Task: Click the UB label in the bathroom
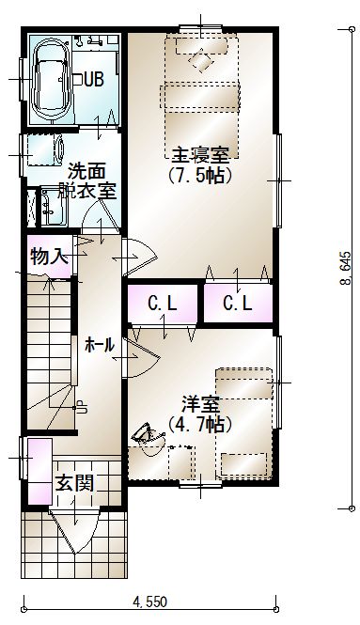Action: pos(94,79)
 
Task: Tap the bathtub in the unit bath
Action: pos(52,79)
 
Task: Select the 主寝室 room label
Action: pos(200,155)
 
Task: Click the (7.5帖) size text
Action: pos(200,176)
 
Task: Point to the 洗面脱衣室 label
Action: pos(87,181)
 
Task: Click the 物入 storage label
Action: pos(49,256)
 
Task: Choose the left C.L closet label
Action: pos(163,305)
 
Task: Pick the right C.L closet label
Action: pos(238,305)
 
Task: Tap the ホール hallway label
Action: pos(100,345)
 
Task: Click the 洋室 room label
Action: pos(200,404)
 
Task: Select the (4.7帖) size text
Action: pos(200,425)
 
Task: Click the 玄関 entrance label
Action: pos(74,483)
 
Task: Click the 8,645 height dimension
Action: pos(345,269)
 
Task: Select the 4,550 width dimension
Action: pos(149,602)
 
